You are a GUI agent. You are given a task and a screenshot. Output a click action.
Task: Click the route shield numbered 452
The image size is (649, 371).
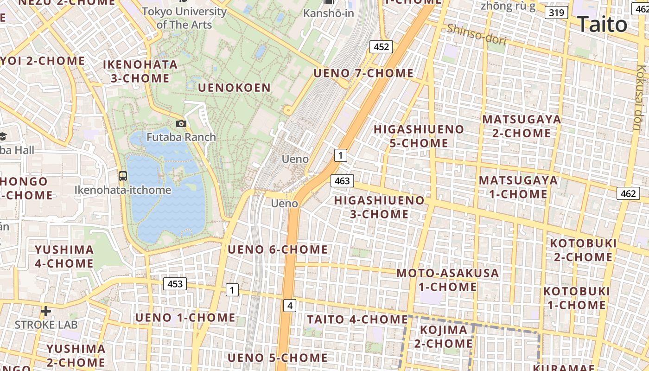coord(381,46)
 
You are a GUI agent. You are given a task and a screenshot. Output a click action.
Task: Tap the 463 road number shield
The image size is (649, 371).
coord(342,181)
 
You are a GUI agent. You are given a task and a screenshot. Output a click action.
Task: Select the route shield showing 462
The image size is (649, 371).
coord(628,193)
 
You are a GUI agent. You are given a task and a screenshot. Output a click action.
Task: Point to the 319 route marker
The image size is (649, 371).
coord(556,13)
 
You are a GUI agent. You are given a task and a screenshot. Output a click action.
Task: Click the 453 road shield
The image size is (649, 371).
coord(175,284)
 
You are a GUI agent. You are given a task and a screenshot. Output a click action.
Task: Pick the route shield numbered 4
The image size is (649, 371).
coord(290,306)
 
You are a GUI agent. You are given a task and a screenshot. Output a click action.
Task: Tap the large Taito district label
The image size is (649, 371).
coord(602,24)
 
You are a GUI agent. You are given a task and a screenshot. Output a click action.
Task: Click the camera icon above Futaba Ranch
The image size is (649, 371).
coord(181,123)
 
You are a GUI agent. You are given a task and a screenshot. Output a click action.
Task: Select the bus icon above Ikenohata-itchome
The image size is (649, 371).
coord(123,176)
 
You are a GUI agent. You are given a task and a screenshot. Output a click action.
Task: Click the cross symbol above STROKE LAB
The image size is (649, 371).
coord(45,311)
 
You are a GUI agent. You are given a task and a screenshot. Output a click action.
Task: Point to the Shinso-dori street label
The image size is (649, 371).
coord(476,34)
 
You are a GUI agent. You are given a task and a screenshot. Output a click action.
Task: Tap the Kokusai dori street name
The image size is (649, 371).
coord(642,97)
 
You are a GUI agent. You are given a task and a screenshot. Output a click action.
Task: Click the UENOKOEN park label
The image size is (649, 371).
coord(234,88)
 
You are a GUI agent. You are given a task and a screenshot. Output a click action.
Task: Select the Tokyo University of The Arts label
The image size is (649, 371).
coord(184,18)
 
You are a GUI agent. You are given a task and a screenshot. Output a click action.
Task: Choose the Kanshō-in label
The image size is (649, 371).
coord(329,13)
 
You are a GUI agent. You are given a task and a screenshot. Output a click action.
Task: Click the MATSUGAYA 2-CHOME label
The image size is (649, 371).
coord(522,126)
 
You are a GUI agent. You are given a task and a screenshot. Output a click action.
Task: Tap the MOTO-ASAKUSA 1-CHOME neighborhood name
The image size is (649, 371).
coord(447,280)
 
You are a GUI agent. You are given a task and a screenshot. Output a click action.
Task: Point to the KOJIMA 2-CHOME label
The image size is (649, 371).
coord(444,337)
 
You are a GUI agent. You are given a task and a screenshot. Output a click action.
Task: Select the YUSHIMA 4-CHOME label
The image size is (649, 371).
coord(64,256)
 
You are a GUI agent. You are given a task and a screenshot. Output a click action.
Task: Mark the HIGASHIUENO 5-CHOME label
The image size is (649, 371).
coord(419,136)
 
